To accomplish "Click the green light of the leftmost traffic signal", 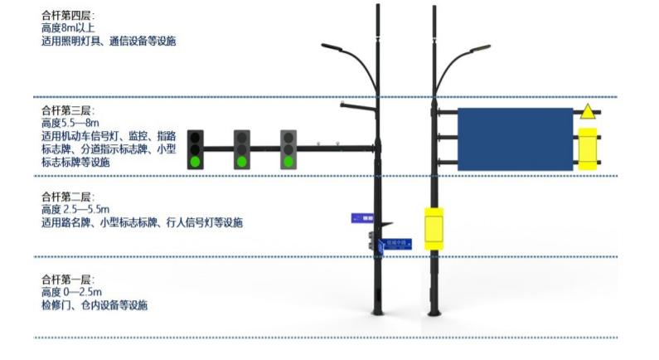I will coord(196,162).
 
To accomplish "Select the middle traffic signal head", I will coord(242,149).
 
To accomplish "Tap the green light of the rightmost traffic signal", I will coord(288,162).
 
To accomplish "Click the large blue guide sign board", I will coord(514,139).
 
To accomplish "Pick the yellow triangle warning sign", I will coord(587,112).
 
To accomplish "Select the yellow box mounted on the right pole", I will coord(434,228).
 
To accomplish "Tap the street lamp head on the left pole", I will coord(332,46).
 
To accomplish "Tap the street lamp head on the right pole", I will coord(480,50).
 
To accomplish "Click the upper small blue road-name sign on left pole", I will coord(362,217).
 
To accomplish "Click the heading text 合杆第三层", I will coord(67,109).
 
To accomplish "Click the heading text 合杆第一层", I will coord(67,280).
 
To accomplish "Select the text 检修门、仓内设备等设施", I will coord(94,305).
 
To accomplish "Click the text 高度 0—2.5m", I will coord(73,293).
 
